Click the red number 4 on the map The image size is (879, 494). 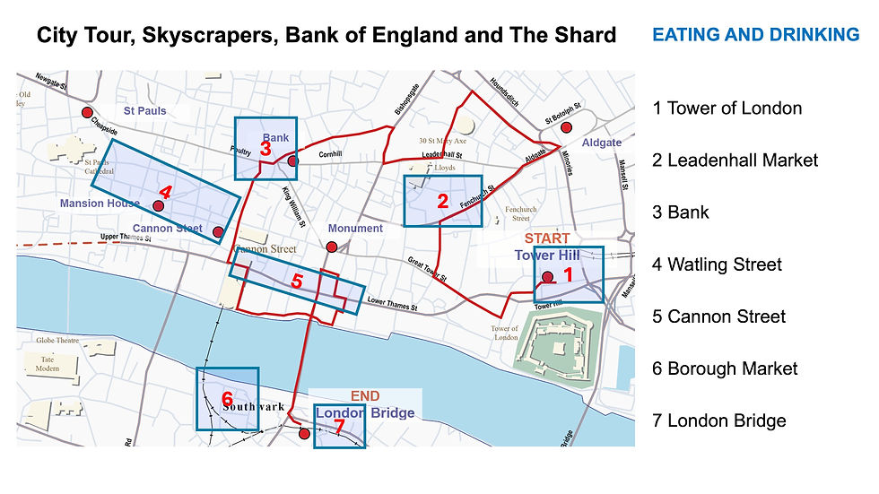pos(165,192)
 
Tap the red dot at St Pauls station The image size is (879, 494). pos(88,113)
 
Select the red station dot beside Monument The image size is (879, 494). pos(332,247)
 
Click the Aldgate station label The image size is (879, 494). pos(601,143)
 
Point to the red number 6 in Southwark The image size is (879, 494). pos(227,398)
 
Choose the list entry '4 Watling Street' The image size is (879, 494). pos(717,264)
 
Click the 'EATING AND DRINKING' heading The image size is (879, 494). pos(755,35)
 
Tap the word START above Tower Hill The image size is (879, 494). pos(547,238)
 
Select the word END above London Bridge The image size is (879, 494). pos(365,395)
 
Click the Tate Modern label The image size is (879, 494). pos(48,364)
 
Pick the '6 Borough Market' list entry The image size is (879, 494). pos(725,368)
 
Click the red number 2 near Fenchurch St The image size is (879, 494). pos(442,202)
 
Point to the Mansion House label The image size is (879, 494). pos(100,204)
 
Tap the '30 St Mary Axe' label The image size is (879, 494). pos(442,141)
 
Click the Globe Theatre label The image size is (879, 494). pos(58,341)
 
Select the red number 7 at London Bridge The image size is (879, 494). pos(339,428)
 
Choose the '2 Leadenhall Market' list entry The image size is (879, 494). pos(735,160)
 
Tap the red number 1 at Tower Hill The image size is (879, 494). pos(566,276)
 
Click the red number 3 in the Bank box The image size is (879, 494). pos(265,149)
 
